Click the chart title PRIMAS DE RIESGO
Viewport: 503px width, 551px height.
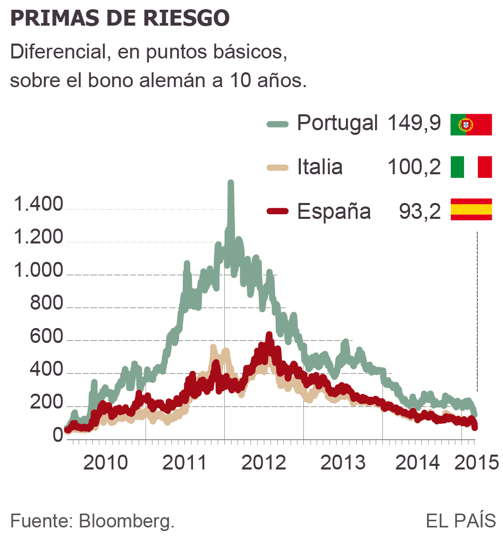pos(119,18)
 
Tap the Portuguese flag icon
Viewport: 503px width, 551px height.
pos(471,125)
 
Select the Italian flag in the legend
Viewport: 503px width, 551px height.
pos(471,168)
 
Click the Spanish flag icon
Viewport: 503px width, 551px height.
pos(471,210)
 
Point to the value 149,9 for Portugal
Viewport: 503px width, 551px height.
pos(414,124)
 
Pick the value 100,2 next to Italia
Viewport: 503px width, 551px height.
pos(414,167)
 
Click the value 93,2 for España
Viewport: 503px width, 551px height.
pos(419,211)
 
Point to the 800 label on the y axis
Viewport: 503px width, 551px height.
pos(47,304)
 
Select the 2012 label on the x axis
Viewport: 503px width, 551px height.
pos(263,462)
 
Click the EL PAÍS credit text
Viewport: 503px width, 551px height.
pos(460,521)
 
